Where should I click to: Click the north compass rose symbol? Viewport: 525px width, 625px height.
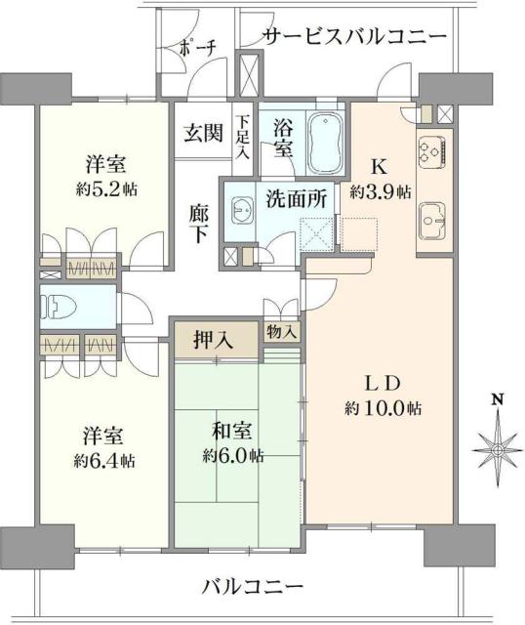click(498, 448)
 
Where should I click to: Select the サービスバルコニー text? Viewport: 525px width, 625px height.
click(354, 37)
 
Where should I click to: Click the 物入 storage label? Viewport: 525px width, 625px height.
click(282, 333)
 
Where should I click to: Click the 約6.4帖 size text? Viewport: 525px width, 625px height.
click(106, 459)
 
